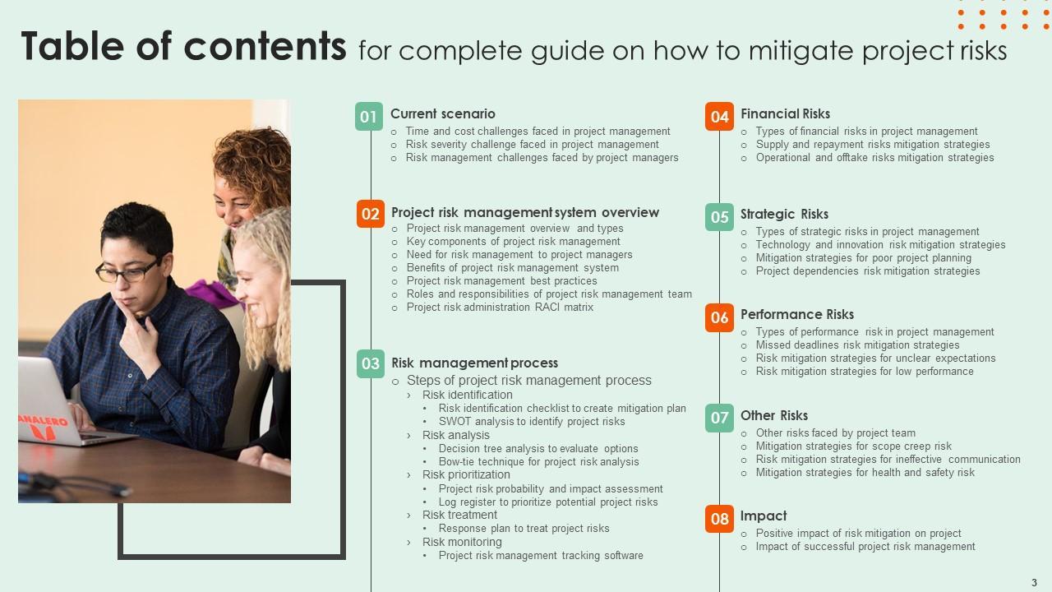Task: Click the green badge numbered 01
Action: [x=369, y=117]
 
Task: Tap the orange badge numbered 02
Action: [x=370, y=214]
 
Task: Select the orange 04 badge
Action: [x=719, y=117]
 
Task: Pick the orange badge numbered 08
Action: [x=719, y=519]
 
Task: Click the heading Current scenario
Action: [x=443, y=113]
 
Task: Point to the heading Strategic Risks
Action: [x=784, y=215]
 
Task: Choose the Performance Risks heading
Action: [x=797, y=314]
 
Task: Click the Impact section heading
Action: [x=764, y=516]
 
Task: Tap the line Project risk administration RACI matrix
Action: [x=500, y=308]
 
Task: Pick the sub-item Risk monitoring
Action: [x=462, y=542]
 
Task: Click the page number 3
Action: [x=1034, y=583]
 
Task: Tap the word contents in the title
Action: [x=265, y=46]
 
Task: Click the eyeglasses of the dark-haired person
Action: [x=127, y=271]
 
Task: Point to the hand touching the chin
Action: [x=140, y=334]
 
